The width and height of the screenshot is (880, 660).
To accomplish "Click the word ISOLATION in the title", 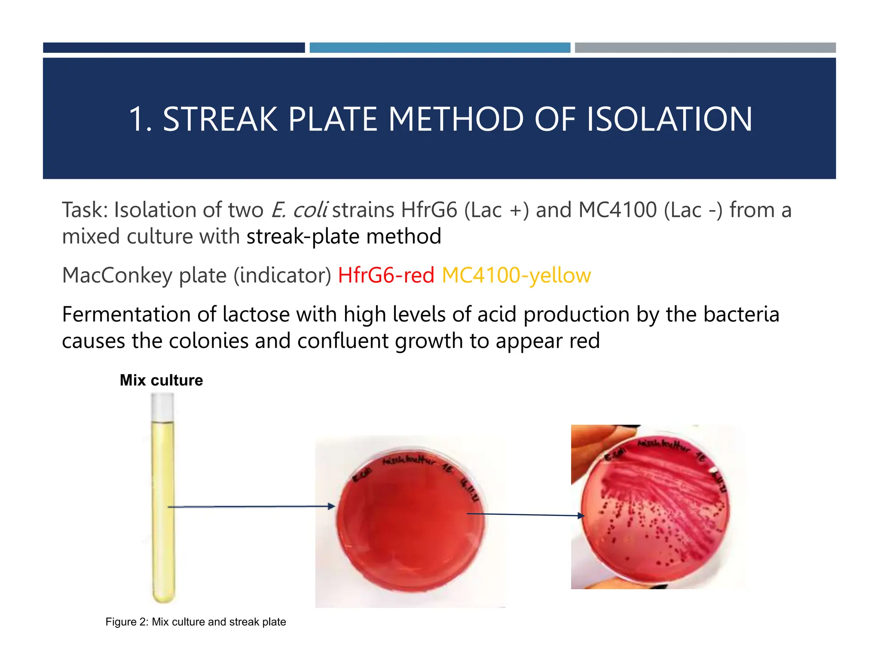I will pyautogui.click(x=669, y=119).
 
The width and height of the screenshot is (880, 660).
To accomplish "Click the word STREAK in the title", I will pyautogui.click(x=220, y=119).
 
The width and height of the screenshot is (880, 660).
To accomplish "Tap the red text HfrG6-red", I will pyautogui.click(x=386, y=275).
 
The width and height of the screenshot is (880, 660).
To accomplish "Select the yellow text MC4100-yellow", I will pyautogui.click(x=516, y=275).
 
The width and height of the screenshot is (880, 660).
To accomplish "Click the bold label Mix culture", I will pyautogui.click(x=161, y=380).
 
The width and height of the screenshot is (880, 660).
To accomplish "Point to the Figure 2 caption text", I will pyautogui.click(x=196, y=622).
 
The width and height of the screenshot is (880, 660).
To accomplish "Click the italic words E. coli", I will pyautogui.click(x=299, y=210).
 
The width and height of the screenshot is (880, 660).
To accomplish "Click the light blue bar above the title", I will pyautogui.click(x=440, y=48).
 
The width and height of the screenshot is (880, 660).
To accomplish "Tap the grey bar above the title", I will pyautogui.click(x=705, y=48).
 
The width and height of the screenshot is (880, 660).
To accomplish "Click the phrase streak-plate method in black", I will pyautogui.click(x=344, y=237).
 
